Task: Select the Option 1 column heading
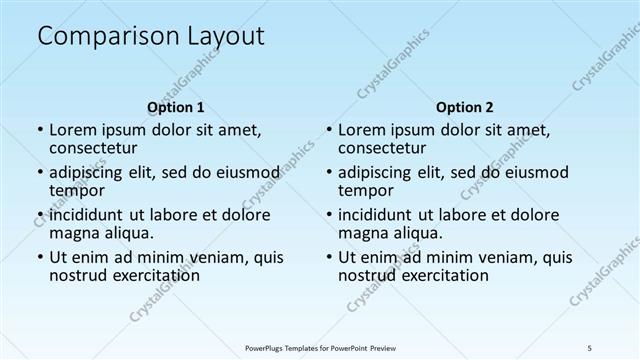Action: click(x=176, y=107)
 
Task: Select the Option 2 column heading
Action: click(x=465, y=107)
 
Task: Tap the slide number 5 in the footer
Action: click(x=591, y=347)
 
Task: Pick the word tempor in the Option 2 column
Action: click(x=367, y=191)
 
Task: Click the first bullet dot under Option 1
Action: click(x=39, y=130)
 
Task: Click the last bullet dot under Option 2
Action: click(x=328, y=256)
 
